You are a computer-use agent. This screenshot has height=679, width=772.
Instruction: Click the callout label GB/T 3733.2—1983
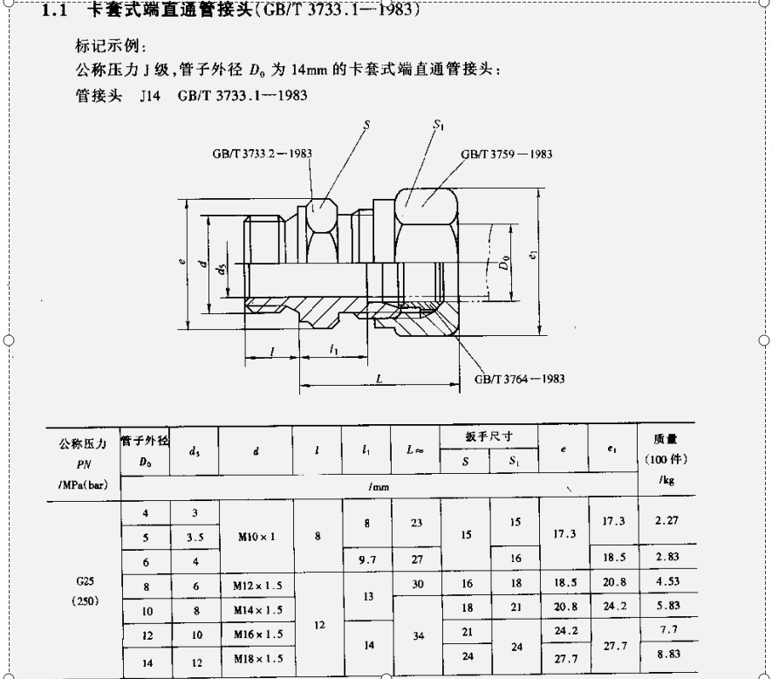click(262, 153)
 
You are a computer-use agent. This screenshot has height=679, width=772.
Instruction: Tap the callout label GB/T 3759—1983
click(506, 154)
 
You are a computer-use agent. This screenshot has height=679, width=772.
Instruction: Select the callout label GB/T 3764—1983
click(519, 379)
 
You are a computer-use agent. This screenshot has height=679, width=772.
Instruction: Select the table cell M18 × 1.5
click(256, 658)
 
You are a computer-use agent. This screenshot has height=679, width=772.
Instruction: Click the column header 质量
click(666, 440)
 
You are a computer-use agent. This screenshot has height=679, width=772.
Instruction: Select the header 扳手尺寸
click(488, 436)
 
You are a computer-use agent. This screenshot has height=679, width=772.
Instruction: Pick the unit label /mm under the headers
click(379, 485)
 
